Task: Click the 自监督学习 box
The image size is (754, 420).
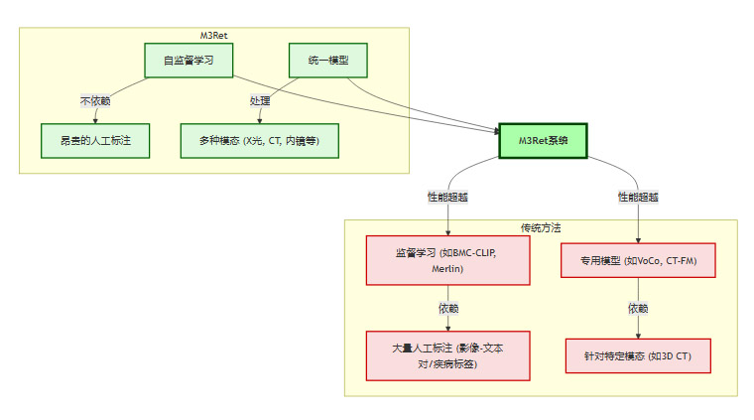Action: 188,61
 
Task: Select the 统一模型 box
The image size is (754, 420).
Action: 327,61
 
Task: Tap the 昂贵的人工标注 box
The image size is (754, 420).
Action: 94,141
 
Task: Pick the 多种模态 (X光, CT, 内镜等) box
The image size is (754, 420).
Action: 260,141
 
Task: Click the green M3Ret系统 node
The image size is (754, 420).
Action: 543,141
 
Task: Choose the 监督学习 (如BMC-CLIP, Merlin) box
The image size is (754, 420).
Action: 447,261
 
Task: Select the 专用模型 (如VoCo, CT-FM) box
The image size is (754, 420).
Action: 638,261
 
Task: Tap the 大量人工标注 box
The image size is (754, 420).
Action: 447,355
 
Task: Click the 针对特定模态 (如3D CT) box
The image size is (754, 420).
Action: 638,355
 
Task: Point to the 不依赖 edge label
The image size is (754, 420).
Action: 95,101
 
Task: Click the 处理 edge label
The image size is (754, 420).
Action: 260,101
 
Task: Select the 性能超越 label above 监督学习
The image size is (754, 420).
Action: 447,197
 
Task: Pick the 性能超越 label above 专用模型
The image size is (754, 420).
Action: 638,197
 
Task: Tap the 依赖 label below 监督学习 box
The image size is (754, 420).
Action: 447,308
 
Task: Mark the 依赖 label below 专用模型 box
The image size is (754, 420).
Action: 638,308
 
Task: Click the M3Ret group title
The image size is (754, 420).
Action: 214,36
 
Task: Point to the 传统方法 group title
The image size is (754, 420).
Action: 541,227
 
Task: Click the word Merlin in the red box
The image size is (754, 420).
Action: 447,269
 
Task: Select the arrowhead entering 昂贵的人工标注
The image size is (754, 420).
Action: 94,121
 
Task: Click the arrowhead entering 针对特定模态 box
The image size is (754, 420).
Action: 638,336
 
